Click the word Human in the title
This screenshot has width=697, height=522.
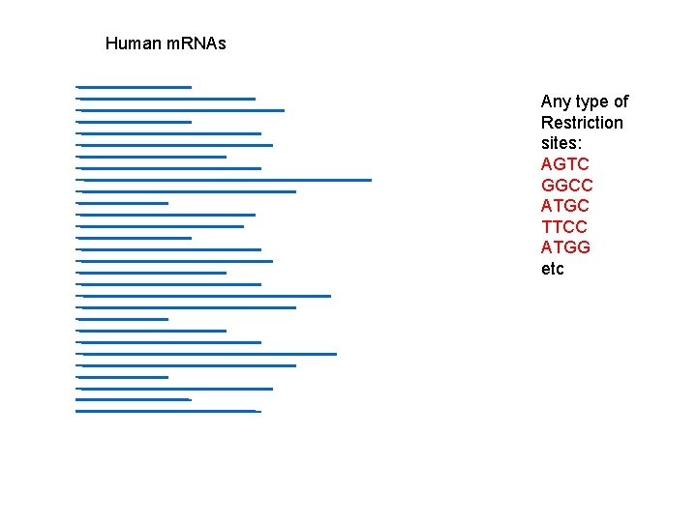point(134,43)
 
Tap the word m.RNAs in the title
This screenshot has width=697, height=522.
point(197,43)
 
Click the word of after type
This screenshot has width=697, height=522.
point(621,101)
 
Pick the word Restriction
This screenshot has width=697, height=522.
point(582,123)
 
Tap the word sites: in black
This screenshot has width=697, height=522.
point(562,144)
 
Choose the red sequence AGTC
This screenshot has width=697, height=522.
point(564,164)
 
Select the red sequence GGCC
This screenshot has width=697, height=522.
point(566,186)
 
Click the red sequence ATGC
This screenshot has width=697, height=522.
point(564,206)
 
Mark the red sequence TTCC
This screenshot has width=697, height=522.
point(563,227)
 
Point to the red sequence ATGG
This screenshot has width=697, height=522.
point(565,247)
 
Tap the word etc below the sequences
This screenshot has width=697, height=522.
point(552,269)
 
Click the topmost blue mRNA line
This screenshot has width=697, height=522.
point(134,87)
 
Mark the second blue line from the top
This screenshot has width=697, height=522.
point(166,99)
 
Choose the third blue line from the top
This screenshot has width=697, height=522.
point(180,110)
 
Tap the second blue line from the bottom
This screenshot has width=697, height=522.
point(134,399)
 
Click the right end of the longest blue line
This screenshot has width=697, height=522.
point(370,180)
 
